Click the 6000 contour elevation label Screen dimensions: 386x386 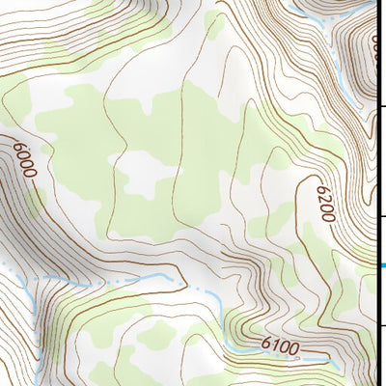pyautogui.click(x=24, y=159)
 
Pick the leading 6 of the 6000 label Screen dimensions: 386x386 pyautogui.click(x=18, y=147)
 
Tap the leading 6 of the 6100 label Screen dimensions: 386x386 pyautogui.click(x=266, y=344)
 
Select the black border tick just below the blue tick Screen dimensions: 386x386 pyautogui.click(x=383, y=324)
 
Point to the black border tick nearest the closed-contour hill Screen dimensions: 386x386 pyautogui.click(x=383, y=107)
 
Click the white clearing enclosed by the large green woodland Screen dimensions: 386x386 pyautogui.click(x=145, y=174)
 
